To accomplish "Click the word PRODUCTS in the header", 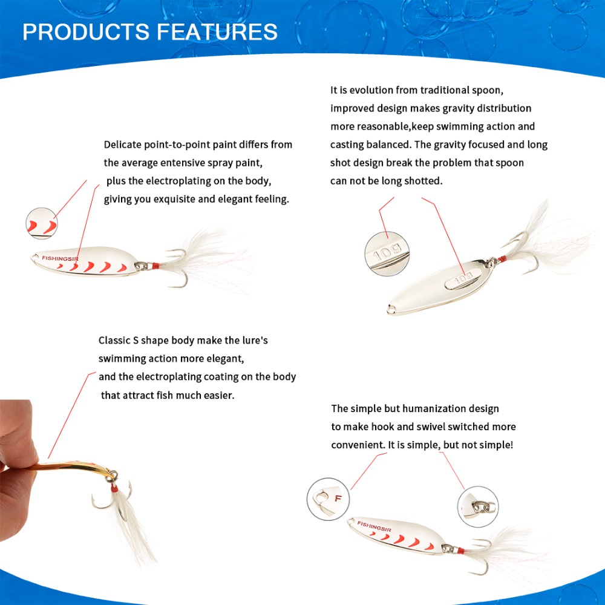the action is [86, 31].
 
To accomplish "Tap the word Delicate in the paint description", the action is [122, 145].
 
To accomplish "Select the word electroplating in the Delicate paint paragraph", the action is [178, 181].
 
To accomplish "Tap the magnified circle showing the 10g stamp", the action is [387, 254].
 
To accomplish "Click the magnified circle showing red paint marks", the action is [42, 223].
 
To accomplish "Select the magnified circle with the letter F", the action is [328, 499].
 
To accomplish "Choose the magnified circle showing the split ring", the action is [478, 506].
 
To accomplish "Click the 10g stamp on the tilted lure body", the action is [463, 278].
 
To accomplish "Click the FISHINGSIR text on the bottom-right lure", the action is [374, 526].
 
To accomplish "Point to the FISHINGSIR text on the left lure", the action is [60, 258].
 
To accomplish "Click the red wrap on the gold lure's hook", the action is [114, 488].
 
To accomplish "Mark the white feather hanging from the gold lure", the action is [133, 529].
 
